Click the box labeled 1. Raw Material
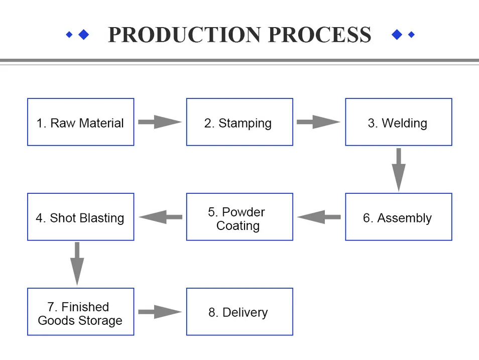point(80,123)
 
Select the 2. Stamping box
point(240,123)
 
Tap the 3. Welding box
point(398,123)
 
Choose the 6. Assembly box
point(398,217)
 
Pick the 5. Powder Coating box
point(240,217)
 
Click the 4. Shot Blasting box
point(80,217)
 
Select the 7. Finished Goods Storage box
point(80,312)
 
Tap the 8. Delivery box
point(240,312)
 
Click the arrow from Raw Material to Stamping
point(160,122)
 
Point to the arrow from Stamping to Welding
point(318,122)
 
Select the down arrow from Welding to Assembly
point(399,169)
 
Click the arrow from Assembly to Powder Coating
point(319,217)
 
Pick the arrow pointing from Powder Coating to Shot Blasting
point(160,217)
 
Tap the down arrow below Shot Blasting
point(77,264)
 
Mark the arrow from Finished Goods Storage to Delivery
point(160,312)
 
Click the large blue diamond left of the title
point(84,34)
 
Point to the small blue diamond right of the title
point(412,35)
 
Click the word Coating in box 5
point(237,226)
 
